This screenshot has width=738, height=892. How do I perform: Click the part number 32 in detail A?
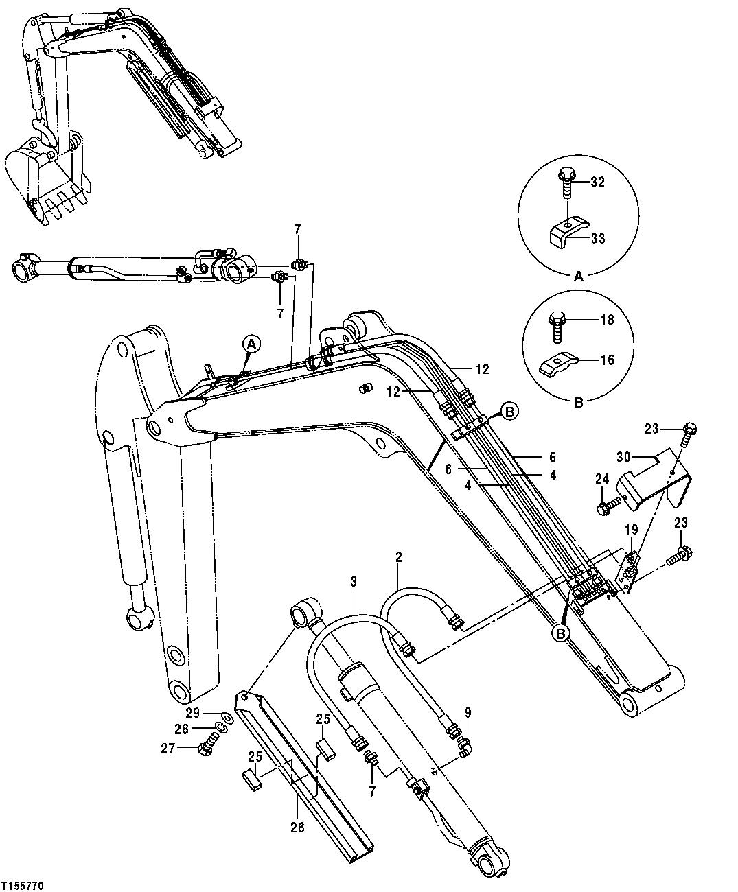pos(598,182)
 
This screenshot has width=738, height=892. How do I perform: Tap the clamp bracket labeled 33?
pos(566,233)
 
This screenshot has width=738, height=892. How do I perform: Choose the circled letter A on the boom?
pos(251,344)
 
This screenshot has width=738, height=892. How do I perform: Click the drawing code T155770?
pos(23,887)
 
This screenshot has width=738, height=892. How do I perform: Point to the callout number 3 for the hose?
pos(353,582)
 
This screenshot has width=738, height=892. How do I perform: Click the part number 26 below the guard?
pos(297,827)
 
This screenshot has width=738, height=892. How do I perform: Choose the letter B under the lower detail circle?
pos(578,403)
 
